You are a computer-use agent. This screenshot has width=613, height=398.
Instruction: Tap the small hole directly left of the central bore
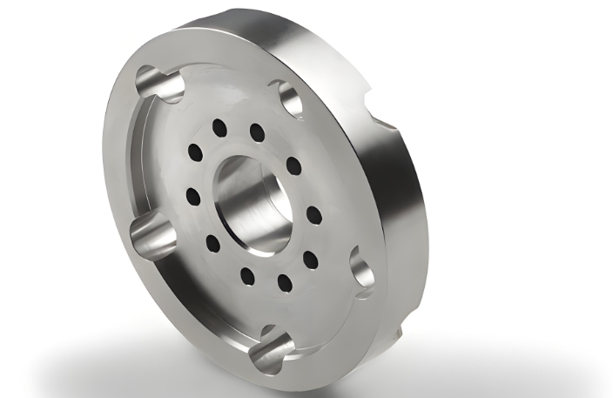[x=193, y=197]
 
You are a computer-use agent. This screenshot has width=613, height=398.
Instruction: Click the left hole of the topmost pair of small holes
[x=219, y=128]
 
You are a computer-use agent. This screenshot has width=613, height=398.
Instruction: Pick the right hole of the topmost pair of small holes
[x=257, y=132]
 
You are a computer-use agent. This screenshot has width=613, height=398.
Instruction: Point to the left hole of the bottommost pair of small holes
[x=247, y=276]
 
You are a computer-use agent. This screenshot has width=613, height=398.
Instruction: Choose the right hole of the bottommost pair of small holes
[x=284, y=280]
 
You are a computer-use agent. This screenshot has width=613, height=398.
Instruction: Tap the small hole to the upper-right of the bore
[x=293, y=165]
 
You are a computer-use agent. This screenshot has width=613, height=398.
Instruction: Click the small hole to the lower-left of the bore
[x=212, y=243]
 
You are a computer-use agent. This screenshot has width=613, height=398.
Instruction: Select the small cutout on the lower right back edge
[x=399, y=330]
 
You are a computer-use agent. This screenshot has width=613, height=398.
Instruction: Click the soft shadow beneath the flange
[x=174, y=366]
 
